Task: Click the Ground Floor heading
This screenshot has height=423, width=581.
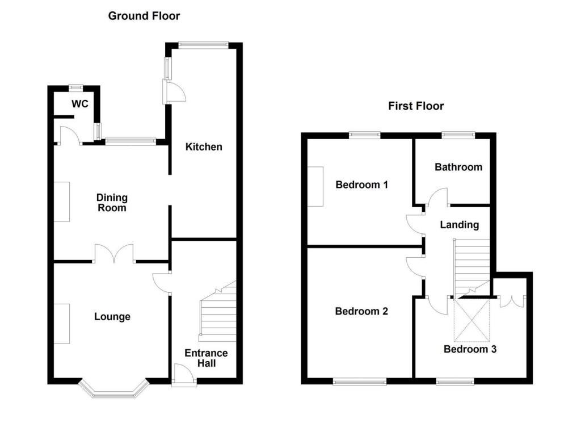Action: [144, 16]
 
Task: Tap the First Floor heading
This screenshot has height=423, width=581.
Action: [416, 106]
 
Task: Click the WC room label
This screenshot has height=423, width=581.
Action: [79, 104]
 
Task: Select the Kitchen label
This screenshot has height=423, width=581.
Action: [204, 147]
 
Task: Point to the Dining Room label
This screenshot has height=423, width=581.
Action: [112, 203]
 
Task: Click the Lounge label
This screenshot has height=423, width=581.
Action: [112, 317]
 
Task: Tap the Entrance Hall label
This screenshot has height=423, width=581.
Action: [206, 358]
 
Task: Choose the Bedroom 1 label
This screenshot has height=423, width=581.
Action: [361, 185]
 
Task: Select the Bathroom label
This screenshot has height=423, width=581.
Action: [458, 167]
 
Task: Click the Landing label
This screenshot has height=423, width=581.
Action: [460, 225]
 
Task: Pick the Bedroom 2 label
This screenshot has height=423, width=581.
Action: [361, 311]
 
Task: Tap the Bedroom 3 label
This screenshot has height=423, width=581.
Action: [470, 349]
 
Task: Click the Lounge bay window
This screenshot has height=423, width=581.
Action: [113, 390]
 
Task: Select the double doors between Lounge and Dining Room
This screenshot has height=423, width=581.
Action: [114, 254]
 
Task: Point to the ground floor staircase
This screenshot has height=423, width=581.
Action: [217, 311]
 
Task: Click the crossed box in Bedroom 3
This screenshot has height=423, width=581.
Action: [471, 320]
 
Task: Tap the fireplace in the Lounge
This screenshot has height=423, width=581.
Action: [62, 324]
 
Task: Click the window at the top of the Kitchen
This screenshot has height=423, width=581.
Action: [204, 45]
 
